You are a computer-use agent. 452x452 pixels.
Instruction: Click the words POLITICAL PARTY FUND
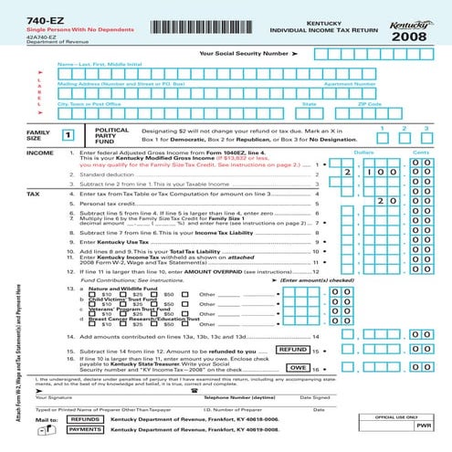pyautogui.click(x=110, y=136)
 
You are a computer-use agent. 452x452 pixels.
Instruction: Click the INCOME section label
pyautogui.click(x=15, y=152)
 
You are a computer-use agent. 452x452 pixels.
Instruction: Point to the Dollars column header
pyautogui.click(x=363, y=152)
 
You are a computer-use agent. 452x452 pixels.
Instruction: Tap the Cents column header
pyautogui.click(x=421, y=152)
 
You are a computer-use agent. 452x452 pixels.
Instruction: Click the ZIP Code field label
pyautogui.click(x=370, y=104)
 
